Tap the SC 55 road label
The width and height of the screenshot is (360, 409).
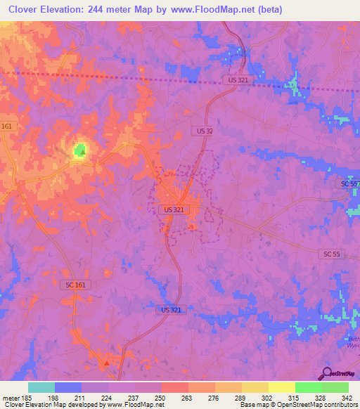pyautogui.click(x=333, y=253)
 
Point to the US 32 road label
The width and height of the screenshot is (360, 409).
pyautogui.click(x=203, y=131)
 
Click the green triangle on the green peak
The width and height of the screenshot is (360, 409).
pyautogui.click(x=82, y=150)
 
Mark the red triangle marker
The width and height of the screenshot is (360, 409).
pyautogui.click(x=106, y=363)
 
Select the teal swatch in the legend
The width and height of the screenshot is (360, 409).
pyautogui.click(x=41, y=387)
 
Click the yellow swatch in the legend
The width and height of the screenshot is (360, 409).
pyautogui.click(x=281, y=387)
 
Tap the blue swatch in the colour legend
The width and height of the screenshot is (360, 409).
pyautogui.click(x=68, y=387)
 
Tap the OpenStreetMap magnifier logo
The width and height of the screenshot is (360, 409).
pyautogui.click(x=326, y=373)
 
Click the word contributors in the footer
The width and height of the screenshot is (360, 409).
pyautogui.click(x=340, y=405)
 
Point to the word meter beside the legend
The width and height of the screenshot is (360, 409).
pyautogui.click(x=10, y=397)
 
